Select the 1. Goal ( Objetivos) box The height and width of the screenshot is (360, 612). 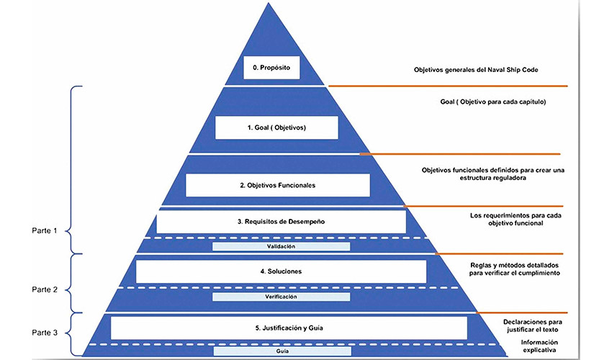[x=276, y=127]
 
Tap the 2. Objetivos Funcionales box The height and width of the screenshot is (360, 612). [x=277, y=185]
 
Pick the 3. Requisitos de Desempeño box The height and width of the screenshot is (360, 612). [x=281, y=221]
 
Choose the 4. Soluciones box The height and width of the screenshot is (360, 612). [x=281, y=271]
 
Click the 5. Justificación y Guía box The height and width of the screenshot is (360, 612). [x=288, y=328]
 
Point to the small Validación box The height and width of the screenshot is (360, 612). [x=281, y=246]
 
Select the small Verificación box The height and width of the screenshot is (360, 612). [x=281, y=296]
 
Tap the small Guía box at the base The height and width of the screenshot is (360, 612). [x=282, y=352]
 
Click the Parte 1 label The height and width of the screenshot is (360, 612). [x=47, y=231]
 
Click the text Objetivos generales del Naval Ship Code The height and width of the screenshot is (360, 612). [x=475, y=70]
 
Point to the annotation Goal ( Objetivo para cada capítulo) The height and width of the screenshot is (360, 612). [x=492, y=102]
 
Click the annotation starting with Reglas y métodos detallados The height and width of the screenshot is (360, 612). [x=516, y=270]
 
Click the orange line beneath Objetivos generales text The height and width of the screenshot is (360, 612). [x=446, y=86]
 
